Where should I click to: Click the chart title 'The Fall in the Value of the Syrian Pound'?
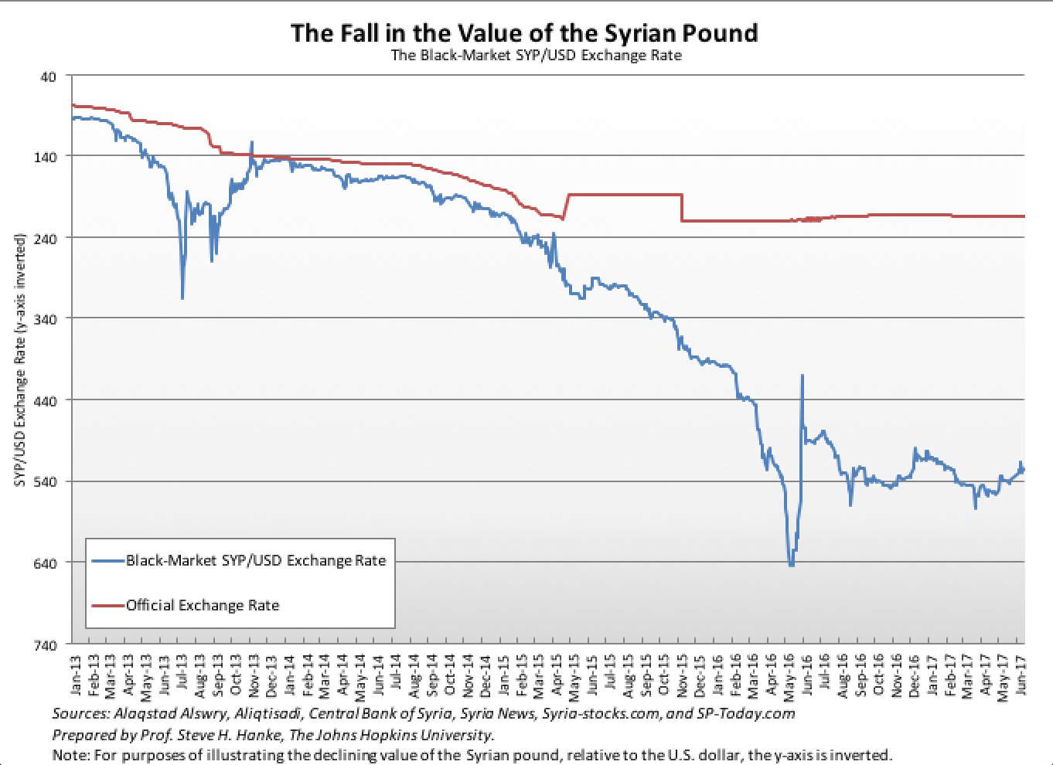pyautogui.click(x=524, y=32)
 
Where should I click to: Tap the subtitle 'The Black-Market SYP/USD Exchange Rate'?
pyautogui.click(x=536, y=56)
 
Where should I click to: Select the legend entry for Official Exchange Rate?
pyautogui.click(x=202, y=606)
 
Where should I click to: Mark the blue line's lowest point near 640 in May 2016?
pyautogui.click(x=791, y=565)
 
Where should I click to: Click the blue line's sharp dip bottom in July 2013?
pyautogui.click(x=182, y=298)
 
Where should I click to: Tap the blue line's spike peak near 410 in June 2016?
pyautogui.click(x=803, y=376)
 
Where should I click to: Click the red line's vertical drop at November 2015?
pyautogui.click(x=682, y=208)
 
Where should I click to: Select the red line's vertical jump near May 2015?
pyautogui.click(x=567, y=206)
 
